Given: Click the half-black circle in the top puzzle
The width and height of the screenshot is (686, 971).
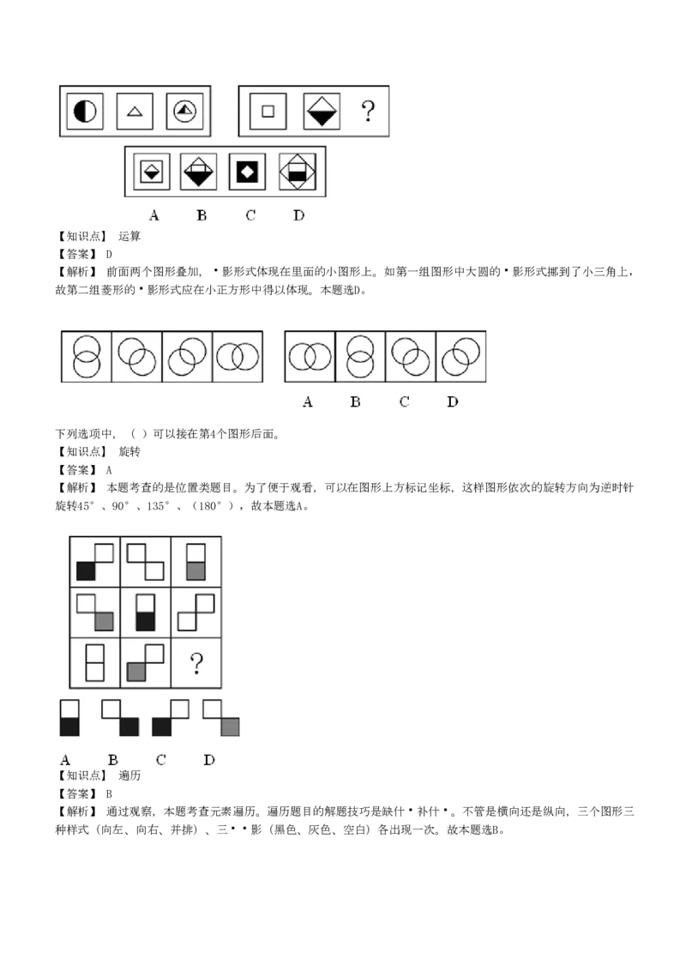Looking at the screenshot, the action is coord(85,112).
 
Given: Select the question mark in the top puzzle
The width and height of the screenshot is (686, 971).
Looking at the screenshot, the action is coord(368,112).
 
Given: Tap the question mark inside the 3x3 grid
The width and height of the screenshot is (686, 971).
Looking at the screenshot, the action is coord(196,663).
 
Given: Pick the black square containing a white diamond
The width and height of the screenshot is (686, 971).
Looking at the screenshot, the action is coord(248,172).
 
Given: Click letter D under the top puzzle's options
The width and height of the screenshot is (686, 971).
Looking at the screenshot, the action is coord(298,215).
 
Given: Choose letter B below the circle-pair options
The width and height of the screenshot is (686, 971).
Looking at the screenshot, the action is coord(355,402).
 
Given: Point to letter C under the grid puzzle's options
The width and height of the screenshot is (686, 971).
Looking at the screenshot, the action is coord(160,760).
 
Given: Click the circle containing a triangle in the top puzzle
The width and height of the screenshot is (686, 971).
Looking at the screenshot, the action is coord(182,112).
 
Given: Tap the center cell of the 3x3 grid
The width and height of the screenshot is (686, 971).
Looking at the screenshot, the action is coord(146,612).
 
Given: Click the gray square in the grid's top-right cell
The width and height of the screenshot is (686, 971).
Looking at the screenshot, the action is coord(196,570).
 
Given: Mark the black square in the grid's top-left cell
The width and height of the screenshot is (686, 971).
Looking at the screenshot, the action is coord(86,571).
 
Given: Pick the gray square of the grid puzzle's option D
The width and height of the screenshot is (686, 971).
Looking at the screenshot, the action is coord(229,727).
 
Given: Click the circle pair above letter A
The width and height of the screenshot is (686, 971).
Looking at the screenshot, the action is coord(309,356).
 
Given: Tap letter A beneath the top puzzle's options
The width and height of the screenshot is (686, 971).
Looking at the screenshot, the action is coord(153,215).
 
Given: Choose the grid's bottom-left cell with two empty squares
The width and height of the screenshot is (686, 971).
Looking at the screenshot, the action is coord(95,662).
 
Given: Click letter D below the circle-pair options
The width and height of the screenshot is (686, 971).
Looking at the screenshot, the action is coord(453,402).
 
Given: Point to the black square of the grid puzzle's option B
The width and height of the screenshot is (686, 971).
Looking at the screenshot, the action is coord(129,727).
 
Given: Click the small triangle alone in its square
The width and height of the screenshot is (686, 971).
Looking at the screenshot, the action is coord(134,112).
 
